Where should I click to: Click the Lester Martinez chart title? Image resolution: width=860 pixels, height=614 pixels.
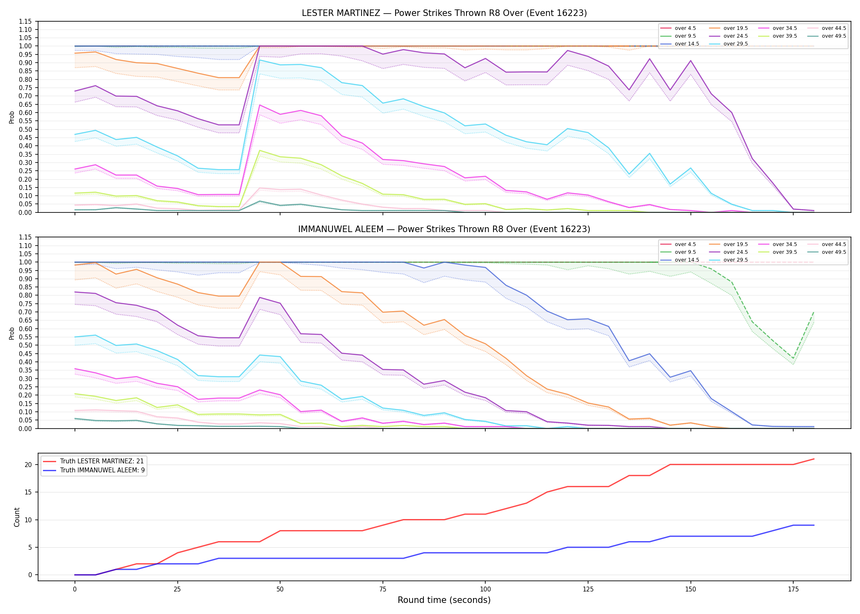tap(444, 13)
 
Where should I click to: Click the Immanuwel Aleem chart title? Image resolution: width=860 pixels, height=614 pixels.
tap(444, 229)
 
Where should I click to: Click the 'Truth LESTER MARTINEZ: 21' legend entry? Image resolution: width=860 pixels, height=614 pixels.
tap(93, 461)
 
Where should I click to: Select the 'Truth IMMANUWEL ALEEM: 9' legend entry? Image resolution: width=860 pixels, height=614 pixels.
tap(94, 470)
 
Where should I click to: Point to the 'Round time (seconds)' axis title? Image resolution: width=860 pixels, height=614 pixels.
tap(444, 600)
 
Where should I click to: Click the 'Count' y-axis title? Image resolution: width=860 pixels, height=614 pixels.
tap(17, 517)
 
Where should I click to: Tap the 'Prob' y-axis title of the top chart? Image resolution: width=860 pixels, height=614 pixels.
tap(12, 117)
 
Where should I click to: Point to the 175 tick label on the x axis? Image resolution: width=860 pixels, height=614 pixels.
tap(793, 589)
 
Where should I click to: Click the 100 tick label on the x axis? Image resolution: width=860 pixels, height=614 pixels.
tap(485, 589)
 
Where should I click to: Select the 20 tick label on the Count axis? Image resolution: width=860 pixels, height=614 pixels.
tap(28, 465)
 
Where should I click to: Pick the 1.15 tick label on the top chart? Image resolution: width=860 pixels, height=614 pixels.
tap(25, 21)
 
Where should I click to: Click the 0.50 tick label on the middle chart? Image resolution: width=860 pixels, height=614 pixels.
tap(25, 345)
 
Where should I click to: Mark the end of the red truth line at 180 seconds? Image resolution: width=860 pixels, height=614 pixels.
tap(814, 459)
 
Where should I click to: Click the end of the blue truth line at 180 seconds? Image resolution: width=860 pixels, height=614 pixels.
tap(814, 525)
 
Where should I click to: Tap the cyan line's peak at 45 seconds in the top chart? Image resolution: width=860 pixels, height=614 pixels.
tap(260, 60)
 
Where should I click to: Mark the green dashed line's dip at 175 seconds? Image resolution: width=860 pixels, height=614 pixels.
tap(793, 359)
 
